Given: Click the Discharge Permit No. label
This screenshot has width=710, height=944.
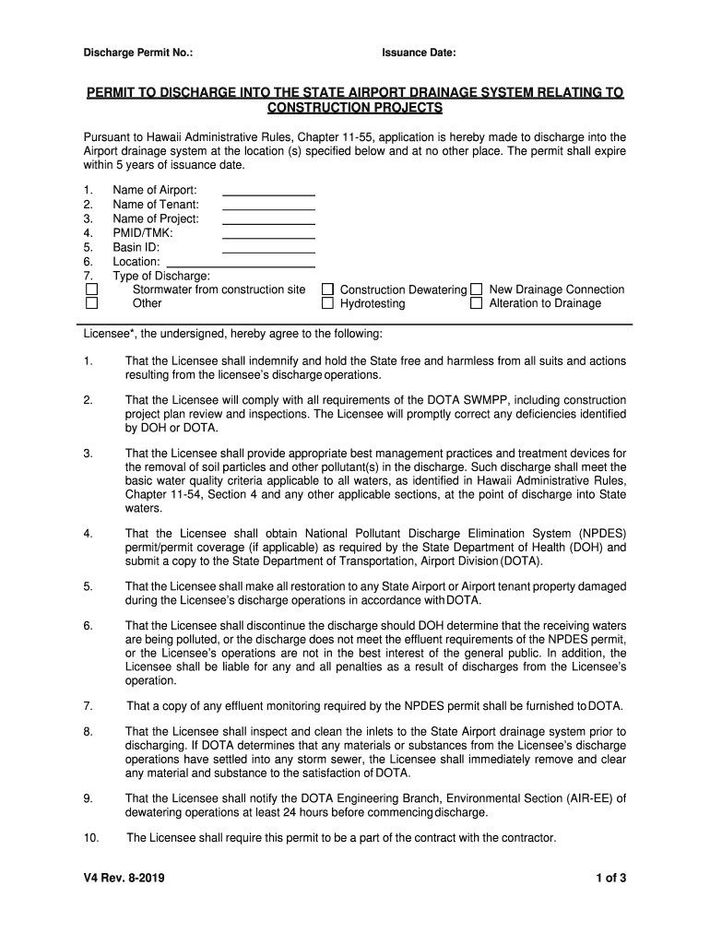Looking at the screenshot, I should click(x=138, y=53).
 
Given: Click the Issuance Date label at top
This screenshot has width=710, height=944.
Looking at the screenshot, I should click(x=419, y=53).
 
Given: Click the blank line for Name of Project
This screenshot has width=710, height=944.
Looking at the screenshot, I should click(x=268, y=222).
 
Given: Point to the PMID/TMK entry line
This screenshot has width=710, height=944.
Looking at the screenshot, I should click(x=268, y=237).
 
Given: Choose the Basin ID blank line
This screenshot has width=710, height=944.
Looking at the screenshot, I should click(x=268, y=251).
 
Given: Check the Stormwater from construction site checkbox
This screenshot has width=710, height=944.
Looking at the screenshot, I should click(x=92, y=289).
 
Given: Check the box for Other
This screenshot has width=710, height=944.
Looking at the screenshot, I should click(x=92, y=303).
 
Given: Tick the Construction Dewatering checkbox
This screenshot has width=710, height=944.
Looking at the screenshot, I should click(x=327, y=289).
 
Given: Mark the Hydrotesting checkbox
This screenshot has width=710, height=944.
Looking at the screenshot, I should click(x=327, y=303).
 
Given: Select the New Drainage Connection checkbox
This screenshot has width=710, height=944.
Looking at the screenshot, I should click(x=477, y=289).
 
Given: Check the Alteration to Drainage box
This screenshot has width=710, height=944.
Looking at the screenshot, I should click(x=477, y=303).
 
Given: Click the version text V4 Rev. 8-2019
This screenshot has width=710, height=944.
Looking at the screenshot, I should click(x=125, y=878).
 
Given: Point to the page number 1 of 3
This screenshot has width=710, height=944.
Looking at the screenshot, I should click(x=610, y=878).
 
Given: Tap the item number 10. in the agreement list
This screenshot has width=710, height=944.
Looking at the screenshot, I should click(x=90, y=838).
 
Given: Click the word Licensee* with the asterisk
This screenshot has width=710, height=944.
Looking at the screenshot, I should click(x=108, y=333).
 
